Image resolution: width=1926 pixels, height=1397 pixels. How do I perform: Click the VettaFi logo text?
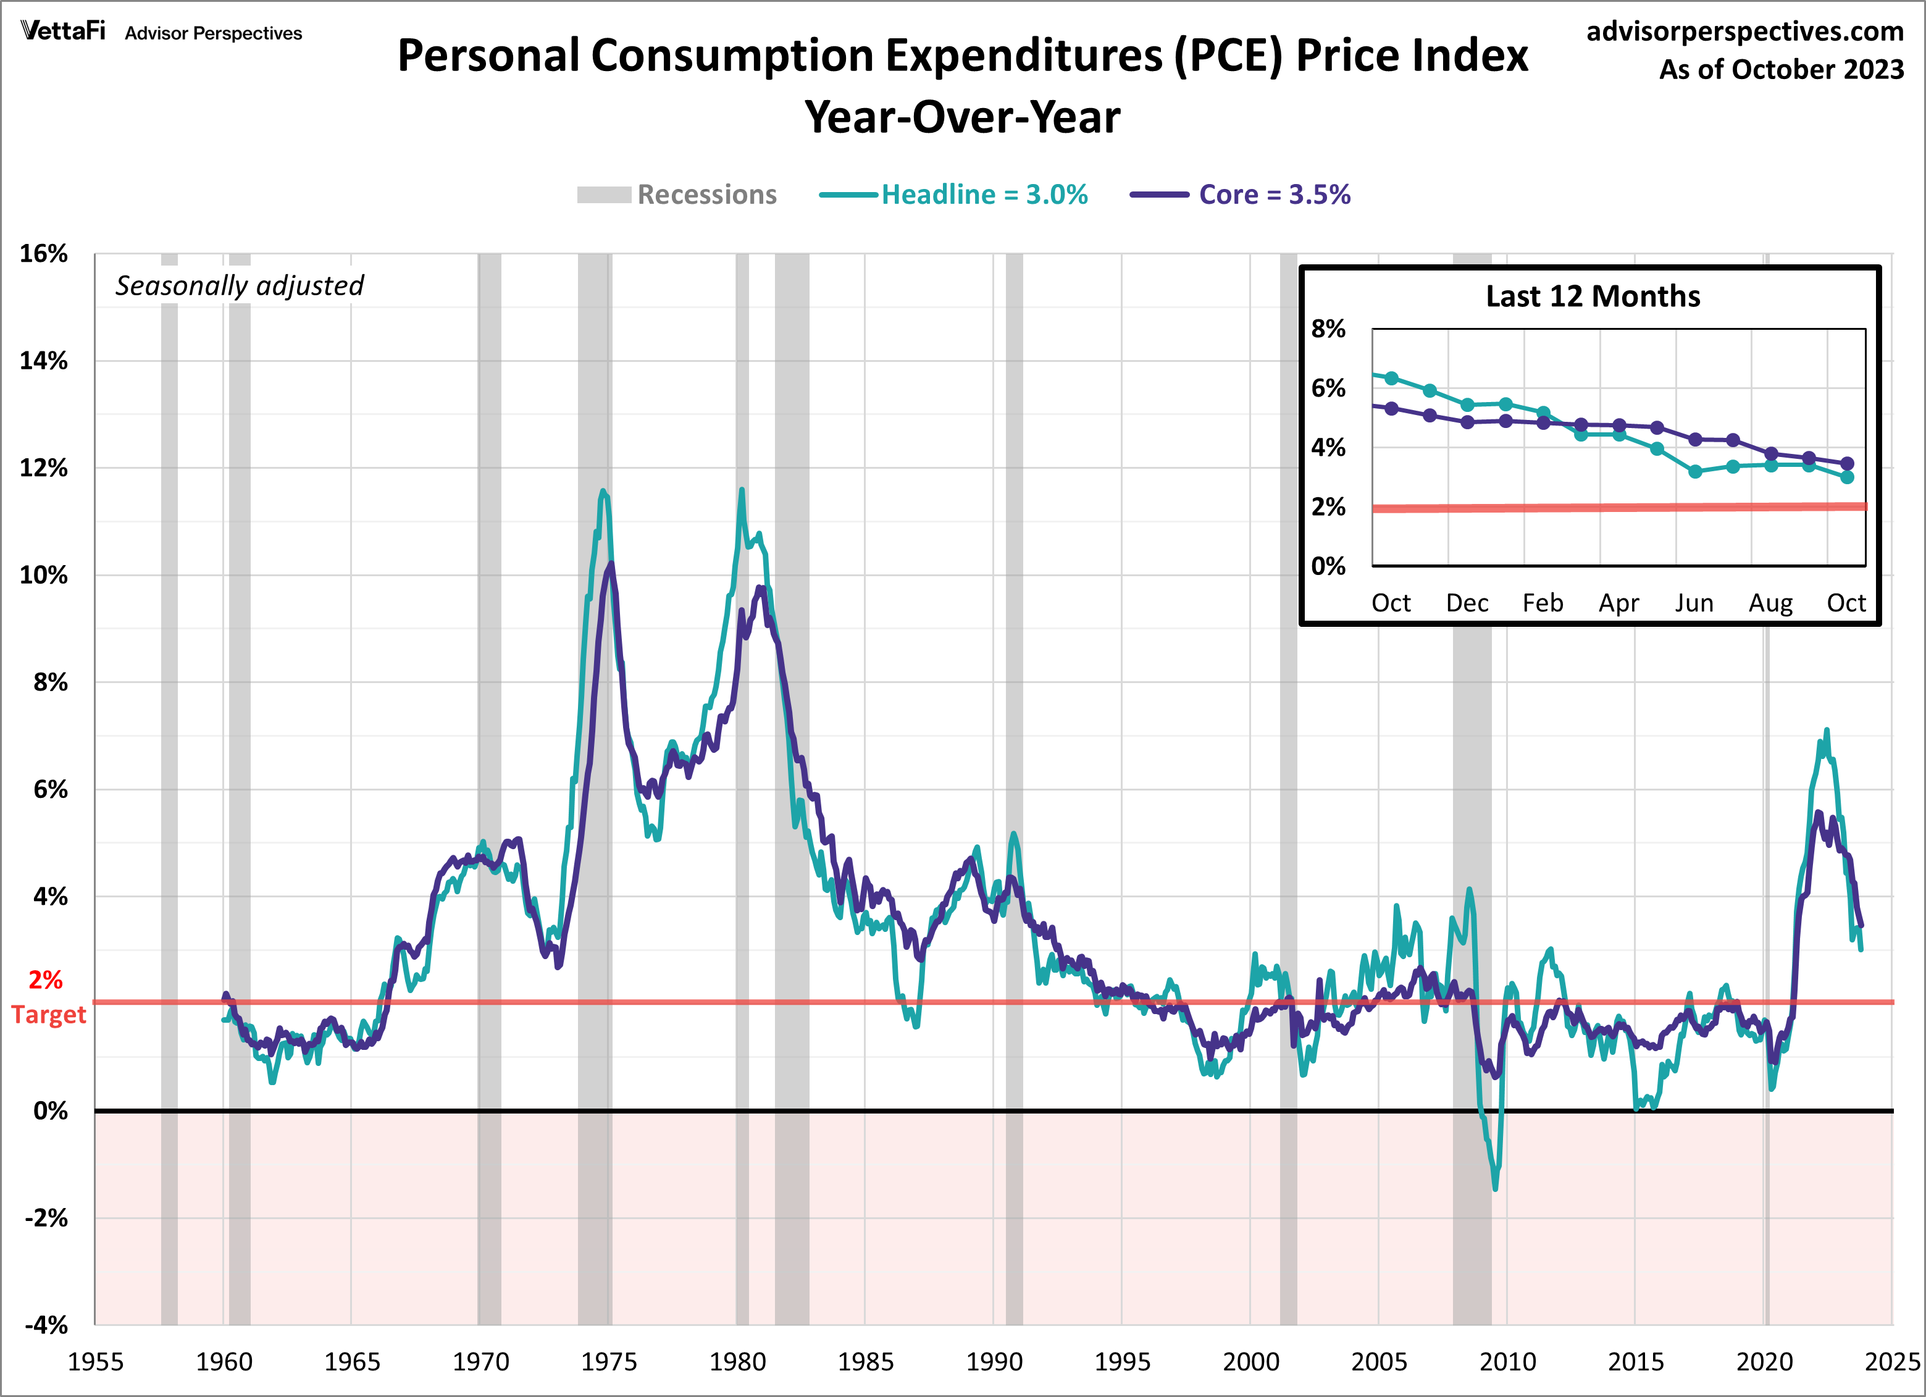pos(63,31)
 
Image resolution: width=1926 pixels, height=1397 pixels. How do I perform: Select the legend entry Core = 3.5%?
pos(1274,195)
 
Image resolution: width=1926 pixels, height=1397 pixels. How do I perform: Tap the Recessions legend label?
pos(706,195)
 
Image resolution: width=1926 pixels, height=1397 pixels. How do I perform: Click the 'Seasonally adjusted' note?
pos(240,285)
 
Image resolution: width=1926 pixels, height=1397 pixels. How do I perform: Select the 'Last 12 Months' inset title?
pos(1593,296)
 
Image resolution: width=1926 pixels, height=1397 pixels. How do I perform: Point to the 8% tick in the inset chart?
pos(1328,329)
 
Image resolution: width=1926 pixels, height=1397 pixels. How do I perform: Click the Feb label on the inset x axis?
pos(1542,603)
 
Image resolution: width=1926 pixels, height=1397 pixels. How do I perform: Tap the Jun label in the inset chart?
pos(1693,603)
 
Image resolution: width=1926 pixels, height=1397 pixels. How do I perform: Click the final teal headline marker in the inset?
pos(1847,477)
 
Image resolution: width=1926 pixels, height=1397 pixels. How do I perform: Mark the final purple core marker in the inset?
pos(1847,464)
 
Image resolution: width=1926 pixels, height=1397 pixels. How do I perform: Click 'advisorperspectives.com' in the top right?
pos(1744,31)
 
